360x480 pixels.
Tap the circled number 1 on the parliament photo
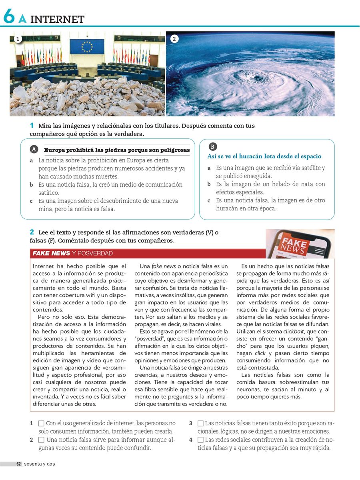coord(17,39)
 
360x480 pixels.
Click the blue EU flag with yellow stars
coord(87,46)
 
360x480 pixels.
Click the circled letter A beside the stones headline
coord(34,150)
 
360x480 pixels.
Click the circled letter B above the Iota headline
coord(213,146)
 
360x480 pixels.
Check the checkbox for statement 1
coord(41,423)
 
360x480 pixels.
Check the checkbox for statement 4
coord(200,440)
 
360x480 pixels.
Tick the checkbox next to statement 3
coord(200,423)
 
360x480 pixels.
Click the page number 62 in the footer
coord(18,464)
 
